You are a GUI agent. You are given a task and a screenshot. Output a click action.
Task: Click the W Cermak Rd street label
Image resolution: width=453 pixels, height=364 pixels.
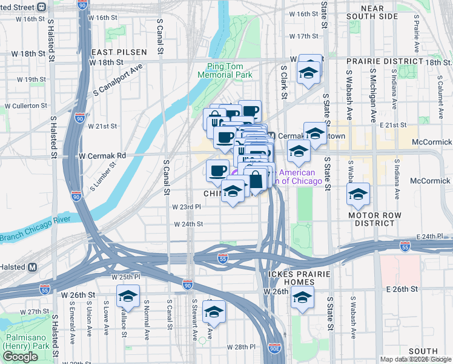click(103, 155)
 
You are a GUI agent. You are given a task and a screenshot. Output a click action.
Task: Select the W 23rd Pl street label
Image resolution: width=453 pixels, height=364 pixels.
click(188, 206)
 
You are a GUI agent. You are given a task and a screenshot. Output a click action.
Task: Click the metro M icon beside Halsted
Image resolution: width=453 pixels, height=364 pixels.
click(32, 268)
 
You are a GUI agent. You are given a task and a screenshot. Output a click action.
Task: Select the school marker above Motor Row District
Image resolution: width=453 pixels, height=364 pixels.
click(358, 195)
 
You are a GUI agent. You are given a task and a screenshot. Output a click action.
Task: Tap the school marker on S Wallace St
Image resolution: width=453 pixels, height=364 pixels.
click(128, 296)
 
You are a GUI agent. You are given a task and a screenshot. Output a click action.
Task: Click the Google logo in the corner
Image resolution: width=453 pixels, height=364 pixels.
click(20, 357)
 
